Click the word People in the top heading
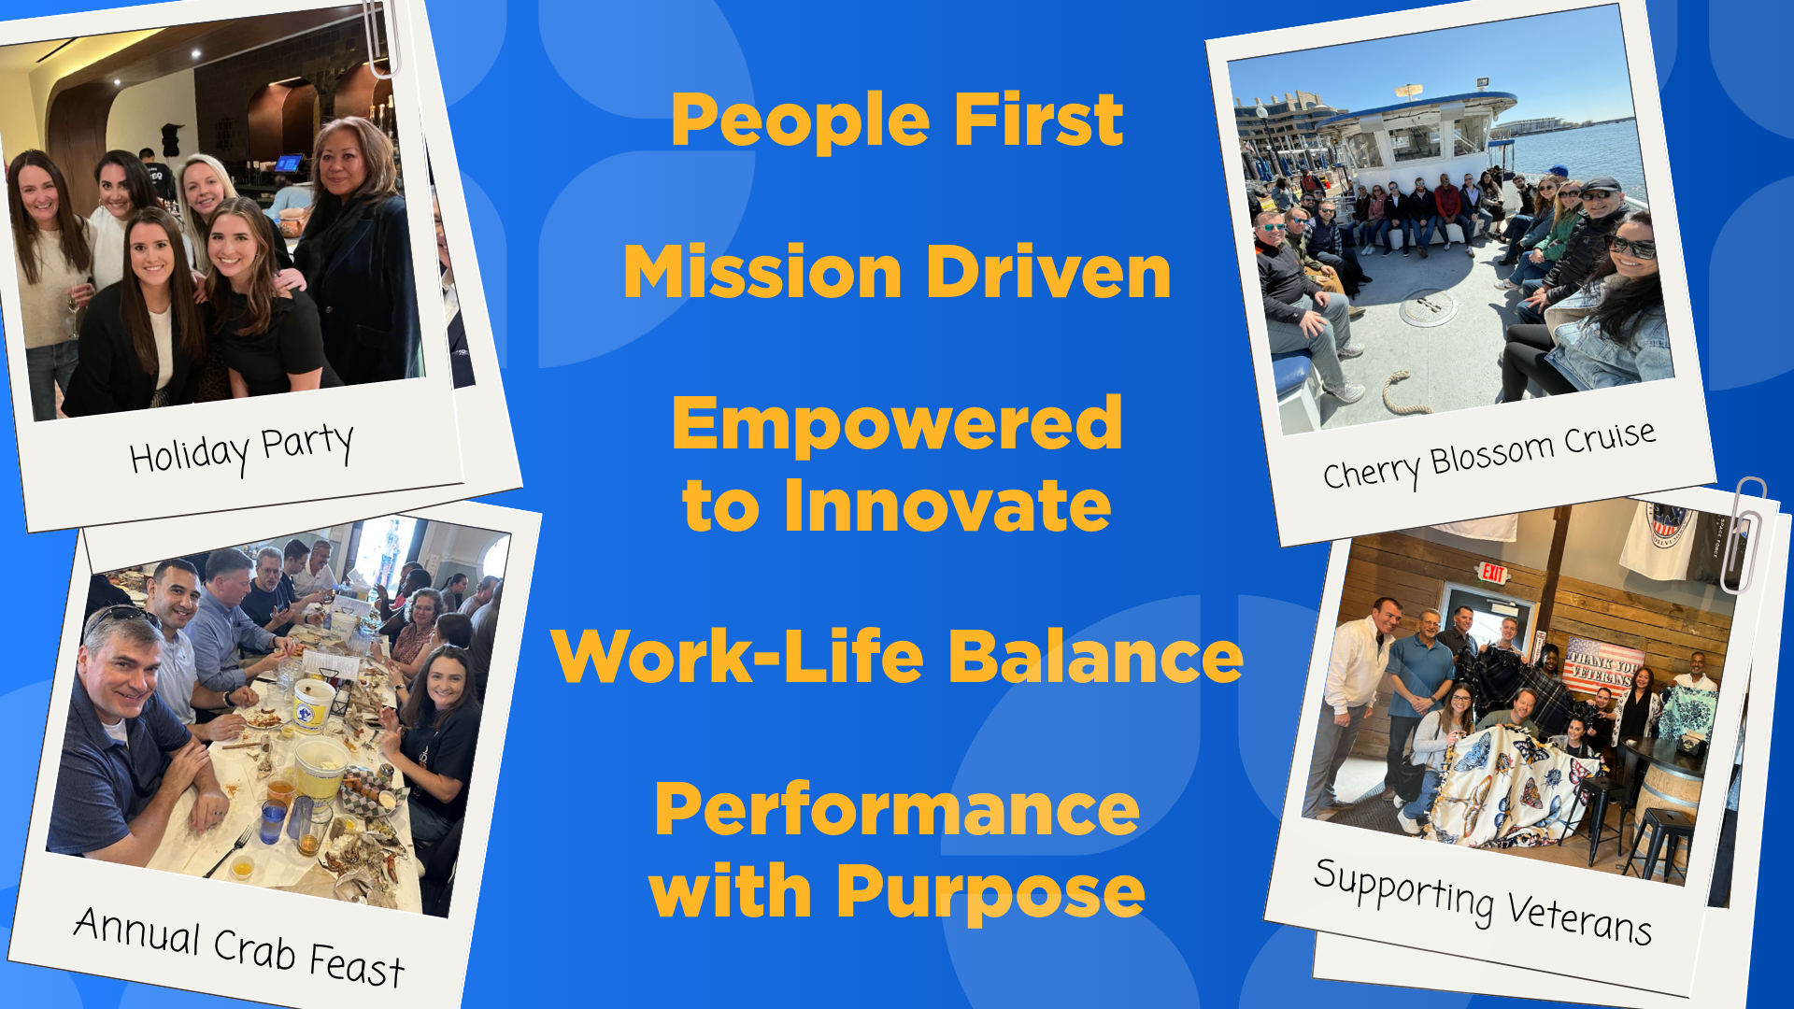pyautogui.click(x=801, y=121)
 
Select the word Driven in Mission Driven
pyautogui.click(x=1048, y=273)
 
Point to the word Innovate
pyautogui.click(x=947, y=506)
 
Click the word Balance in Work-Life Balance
pyautogui.click(x=1096, y=657)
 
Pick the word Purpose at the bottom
pyautogui.click(x=990, y=893)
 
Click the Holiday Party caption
pyautogui.click(x=242, y=448)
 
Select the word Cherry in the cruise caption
pyautogui.click(x=1370, y=471)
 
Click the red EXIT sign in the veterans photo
pyautogui.click(x=1493, y=572)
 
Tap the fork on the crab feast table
pyautogui.click(x=229, y=851)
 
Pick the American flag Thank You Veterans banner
pyautogui.click(x=1604, y=667)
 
